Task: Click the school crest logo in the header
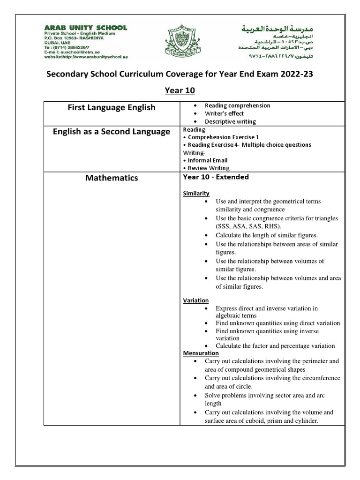point(179,42)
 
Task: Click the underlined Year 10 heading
point(180,90)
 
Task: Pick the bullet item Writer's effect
point(224,113)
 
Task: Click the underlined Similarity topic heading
point(196,194)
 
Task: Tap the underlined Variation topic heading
point(195,300)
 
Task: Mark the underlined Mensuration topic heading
point(201,352)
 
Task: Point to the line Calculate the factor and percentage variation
point(275,346)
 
